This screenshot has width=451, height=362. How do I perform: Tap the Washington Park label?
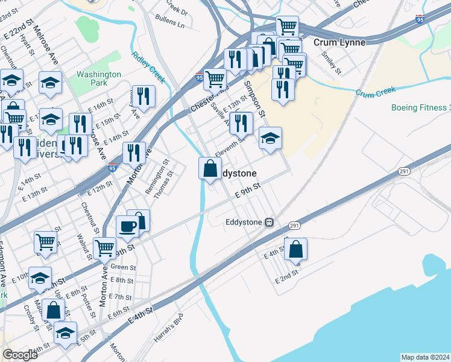99,78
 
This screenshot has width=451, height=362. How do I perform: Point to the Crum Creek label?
375,92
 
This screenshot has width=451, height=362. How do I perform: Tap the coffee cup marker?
127,226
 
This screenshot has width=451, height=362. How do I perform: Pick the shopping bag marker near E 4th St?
295,249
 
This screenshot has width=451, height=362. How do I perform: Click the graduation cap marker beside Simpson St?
271,138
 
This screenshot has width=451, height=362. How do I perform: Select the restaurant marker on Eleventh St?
241,123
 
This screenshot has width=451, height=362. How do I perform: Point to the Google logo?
20,355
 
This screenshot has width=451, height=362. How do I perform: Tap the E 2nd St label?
286,278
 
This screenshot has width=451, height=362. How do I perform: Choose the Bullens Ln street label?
170,24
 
